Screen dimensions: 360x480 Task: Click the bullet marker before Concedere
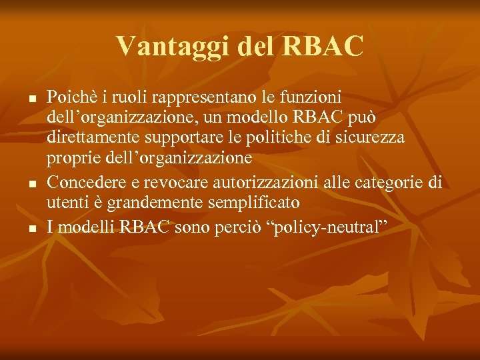coord(32,181)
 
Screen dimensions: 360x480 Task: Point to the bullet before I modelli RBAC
coord(32,229)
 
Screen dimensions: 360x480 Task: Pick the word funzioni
coord(313,96)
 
